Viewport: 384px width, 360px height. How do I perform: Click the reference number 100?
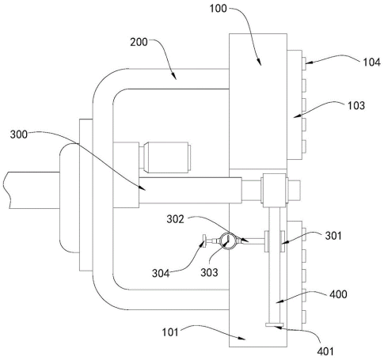click(218, 9)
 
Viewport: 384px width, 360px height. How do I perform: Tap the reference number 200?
click(139, 42)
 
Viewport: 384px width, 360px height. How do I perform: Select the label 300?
click(19, 135)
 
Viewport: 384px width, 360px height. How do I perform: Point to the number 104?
click(371, 63)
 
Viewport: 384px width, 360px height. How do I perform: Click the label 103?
click(356, 105)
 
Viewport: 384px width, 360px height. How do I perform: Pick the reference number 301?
click(333, 236)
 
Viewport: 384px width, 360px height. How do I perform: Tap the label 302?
click(175, 219)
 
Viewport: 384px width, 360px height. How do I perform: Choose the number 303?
click(209, 272)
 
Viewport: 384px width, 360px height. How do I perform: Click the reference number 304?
click(161, 273)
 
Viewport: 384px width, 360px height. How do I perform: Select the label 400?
click(338, 294)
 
